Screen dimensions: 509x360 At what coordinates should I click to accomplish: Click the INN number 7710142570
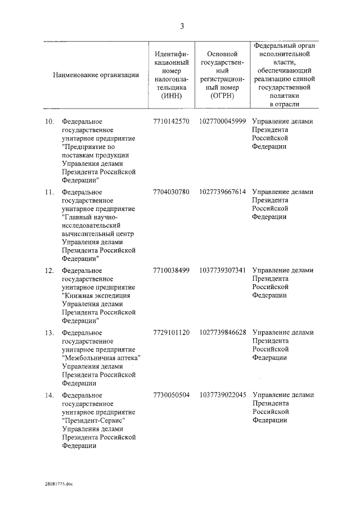[x=171, y=121]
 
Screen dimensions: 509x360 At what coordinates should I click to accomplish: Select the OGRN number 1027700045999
[x=222, y=121]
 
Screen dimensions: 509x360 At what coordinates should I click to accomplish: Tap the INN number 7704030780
[x=171, y=192]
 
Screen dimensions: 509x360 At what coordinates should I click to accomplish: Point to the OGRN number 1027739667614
[x=222, y=192]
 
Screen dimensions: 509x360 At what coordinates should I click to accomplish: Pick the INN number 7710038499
[x=171, y=271]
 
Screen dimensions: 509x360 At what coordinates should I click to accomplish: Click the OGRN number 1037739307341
[x=222, y=271]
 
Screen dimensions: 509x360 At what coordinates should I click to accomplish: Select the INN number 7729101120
[x=171, y=332]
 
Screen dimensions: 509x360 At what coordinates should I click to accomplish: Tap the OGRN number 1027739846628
[x=222, y=332]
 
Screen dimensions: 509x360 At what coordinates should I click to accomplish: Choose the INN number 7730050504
[x=171, y=395]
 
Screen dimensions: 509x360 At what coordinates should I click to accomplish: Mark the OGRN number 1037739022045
[x=222, y=395]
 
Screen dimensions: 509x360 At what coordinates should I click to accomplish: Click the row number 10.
[x=49, y=121]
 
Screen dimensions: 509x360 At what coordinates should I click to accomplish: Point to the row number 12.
[x=49, y=271]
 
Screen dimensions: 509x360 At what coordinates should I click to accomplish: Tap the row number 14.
[x=49, y=395]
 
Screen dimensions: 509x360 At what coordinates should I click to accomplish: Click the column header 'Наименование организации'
[x=96, y=75]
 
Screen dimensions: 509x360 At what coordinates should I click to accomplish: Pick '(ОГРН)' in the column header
[x=222, y=96]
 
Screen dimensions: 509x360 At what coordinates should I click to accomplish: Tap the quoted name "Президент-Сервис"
[x=94, y=421]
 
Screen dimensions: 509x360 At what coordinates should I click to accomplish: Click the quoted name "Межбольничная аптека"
[x=101, y=358]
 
